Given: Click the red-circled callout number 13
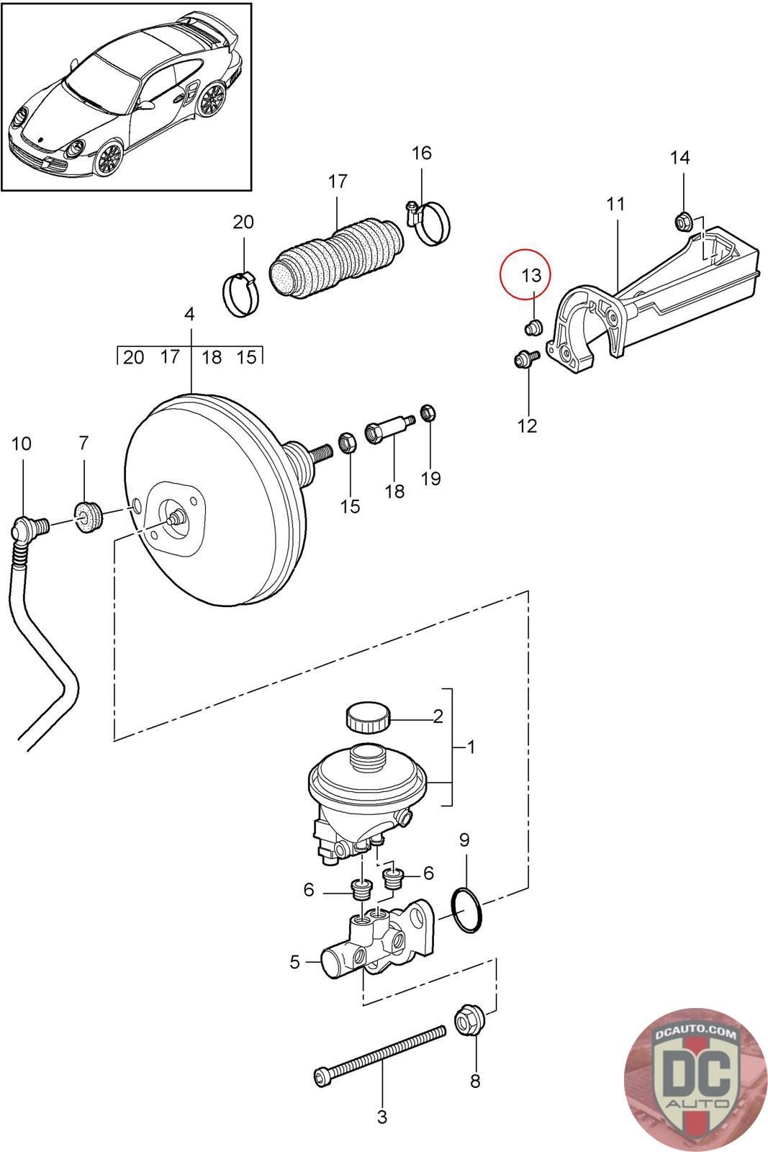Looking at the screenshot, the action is pos(531,276).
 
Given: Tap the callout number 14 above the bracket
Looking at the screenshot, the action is pos(679,158).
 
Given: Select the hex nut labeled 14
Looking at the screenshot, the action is pos(682,222).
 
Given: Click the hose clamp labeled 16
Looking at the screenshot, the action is pos(430,222).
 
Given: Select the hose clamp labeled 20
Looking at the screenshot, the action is pos(240,294).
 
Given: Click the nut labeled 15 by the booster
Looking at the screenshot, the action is pos(348,442).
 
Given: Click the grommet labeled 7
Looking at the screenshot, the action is pos(89,516).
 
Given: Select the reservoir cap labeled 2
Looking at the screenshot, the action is pos(368,717).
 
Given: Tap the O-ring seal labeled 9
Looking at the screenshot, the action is pos(466,914).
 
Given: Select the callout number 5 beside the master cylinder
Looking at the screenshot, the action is pos(294,961).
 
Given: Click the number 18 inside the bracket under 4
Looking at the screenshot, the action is pos(212,357).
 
